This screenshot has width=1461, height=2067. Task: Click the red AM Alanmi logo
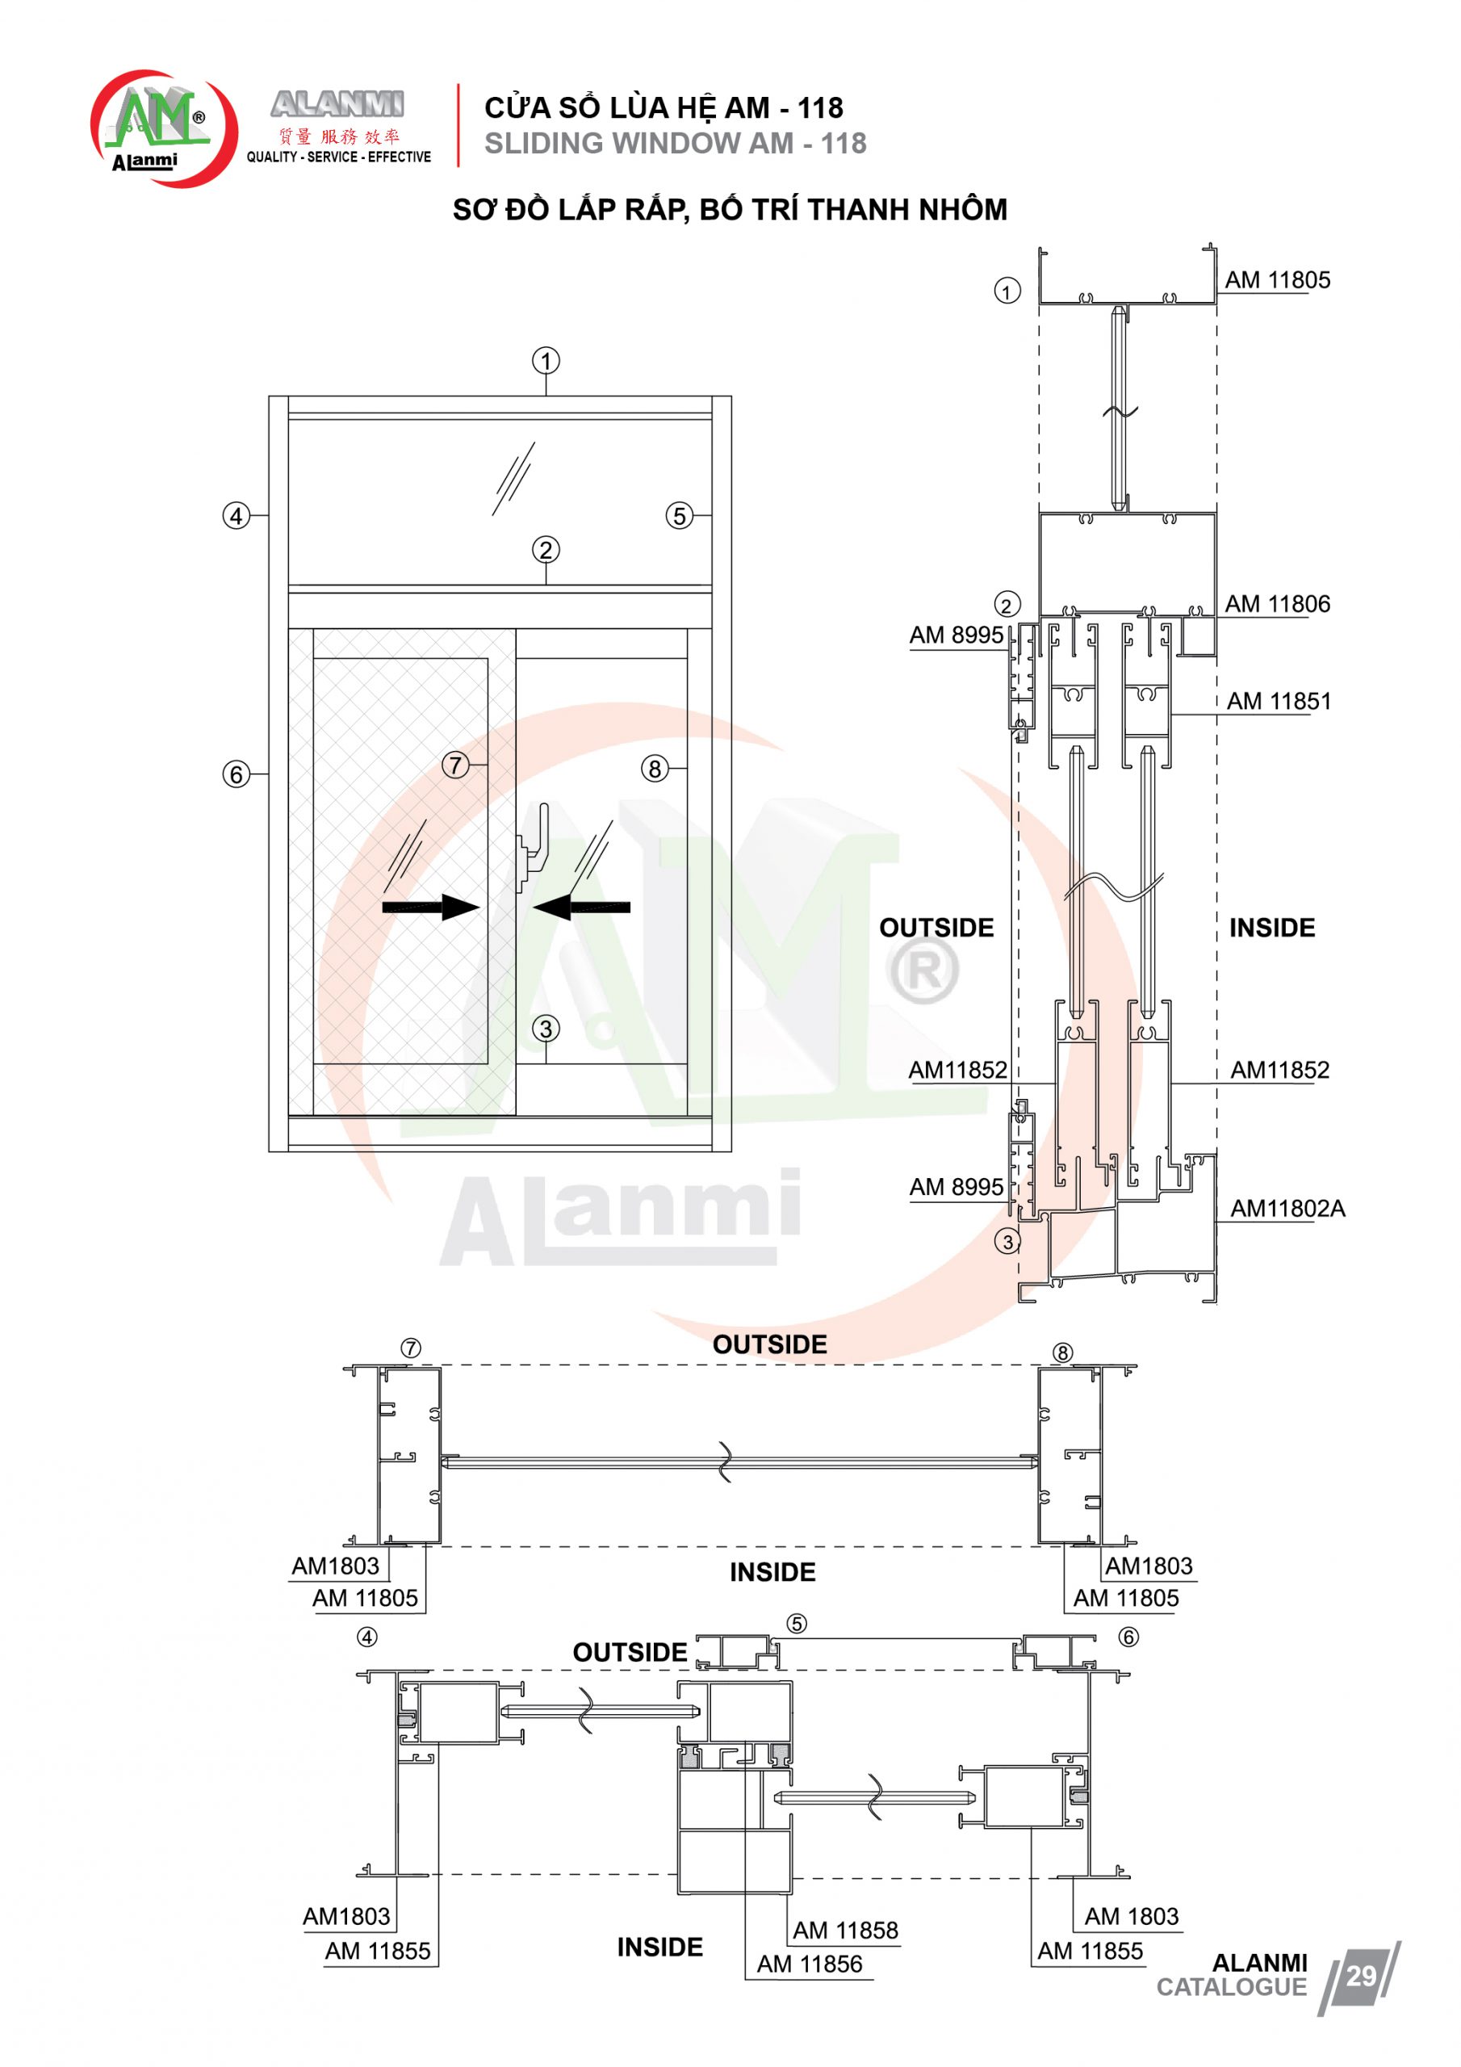[x=163, y=128]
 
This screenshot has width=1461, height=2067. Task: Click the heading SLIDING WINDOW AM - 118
[x=675, y=143]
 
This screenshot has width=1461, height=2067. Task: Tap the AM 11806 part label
[x=1277, y=604]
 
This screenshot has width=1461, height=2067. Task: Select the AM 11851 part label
[x=1279, y=702]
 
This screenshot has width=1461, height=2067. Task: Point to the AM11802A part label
[x=1287, y=1208]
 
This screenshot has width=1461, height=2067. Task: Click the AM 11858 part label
[x=845, y=1931]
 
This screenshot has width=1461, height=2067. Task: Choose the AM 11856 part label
[x=810, y=1964]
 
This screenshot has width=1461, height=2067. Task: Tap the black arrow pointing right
[x=431, y=907]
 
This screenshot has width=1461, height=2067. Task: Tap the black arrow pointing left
[x=581, y=907]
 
